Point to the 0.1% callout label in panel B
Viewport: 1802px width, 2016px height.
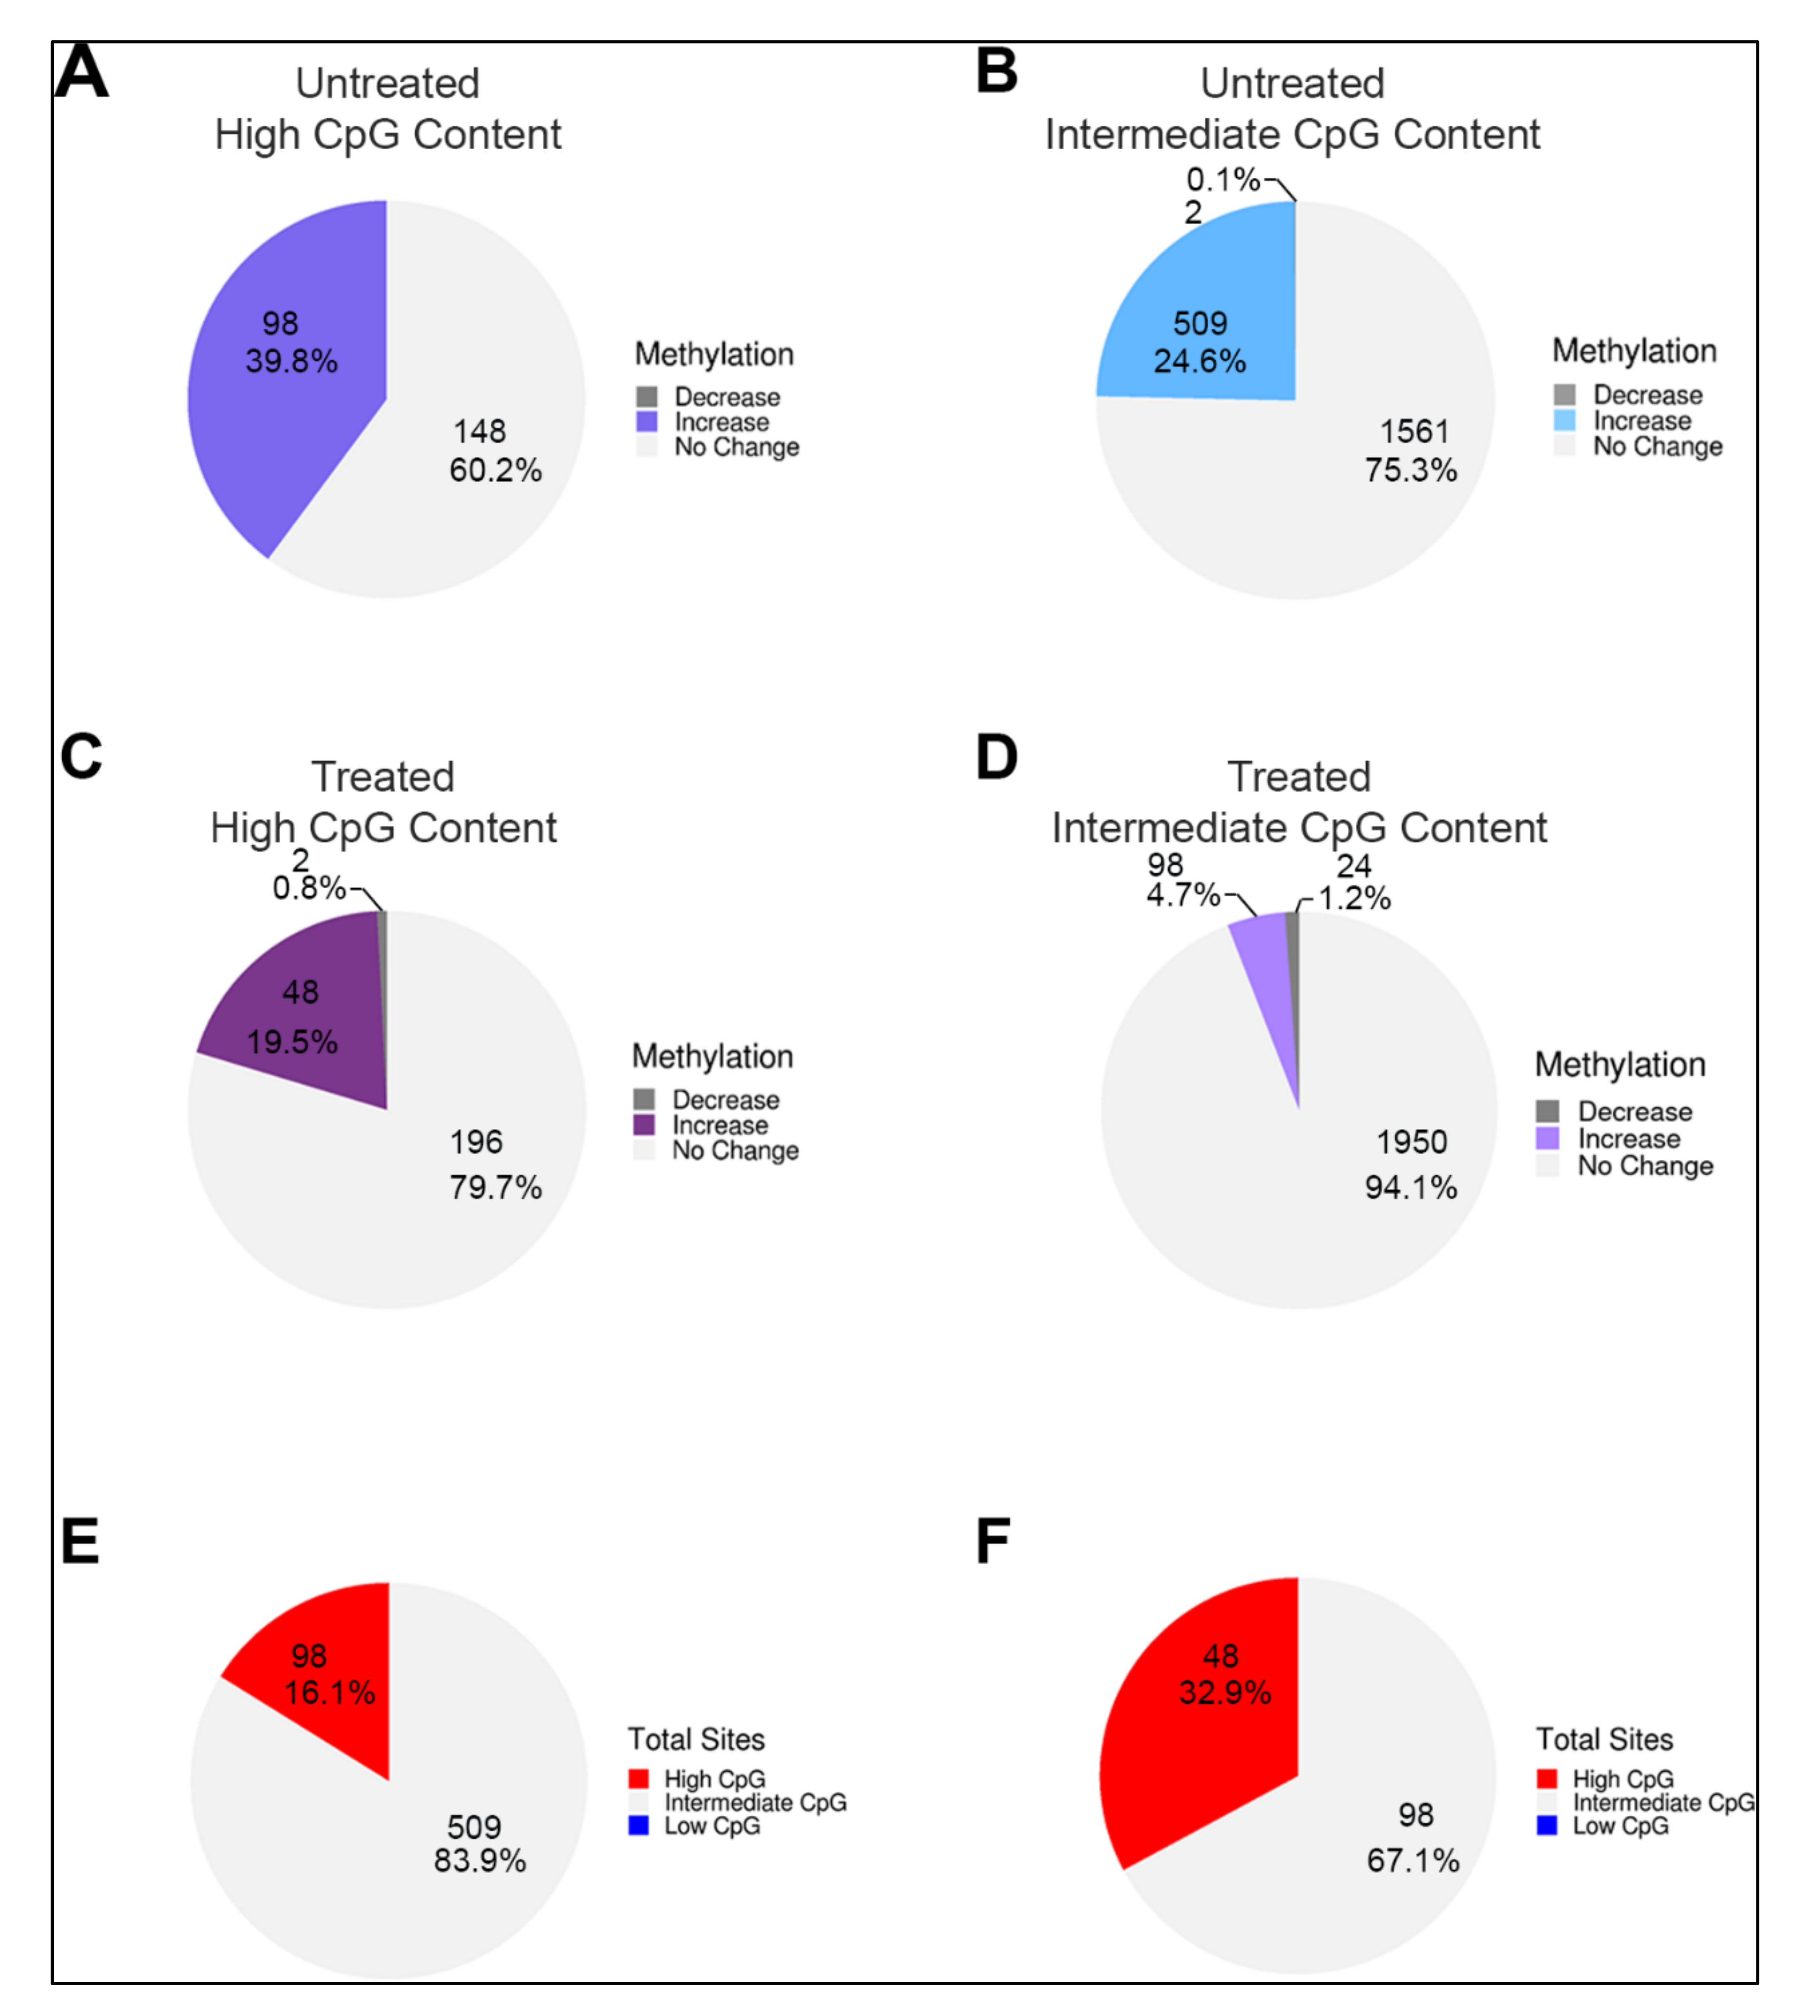pyautogui.click(x=1223, y=180)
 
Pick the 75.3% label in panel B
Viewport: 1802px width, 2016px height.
pyautogui.click(x=1411, y=470)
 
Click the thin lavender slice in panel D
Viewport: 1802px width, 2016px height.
pyautogui.click(x=1267, y=970)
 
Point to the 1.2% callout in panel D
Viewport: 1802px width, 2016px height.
pyautogui.click(x=1354, y=899)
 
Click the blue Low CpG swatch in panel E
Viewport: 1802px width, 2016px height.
pyautogui.click(x=639, y=1826)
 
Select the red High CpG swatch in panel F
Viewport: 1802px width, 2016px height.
pyautogui.click(x=1546, y=1779)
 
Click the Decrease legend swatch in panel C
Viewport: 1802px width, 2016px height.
pyautogui.click(x=645, y=1100)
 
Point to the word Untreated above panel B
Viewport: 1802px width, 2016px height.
pyautogui.click(x=1292, y=83)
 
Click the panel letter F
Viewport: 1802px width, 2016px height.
pyautogui.click(x=993, y=1541)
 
